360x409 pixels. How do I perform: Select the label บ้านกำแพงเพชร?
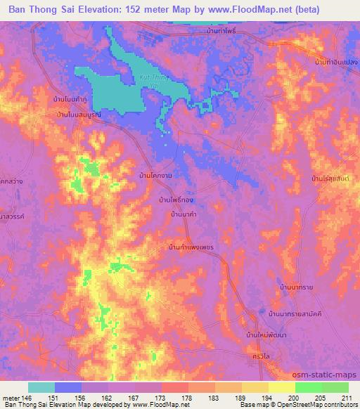191,247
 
